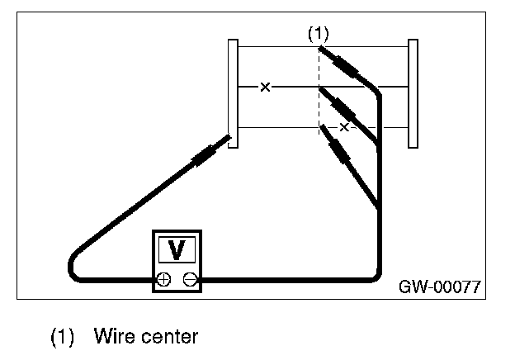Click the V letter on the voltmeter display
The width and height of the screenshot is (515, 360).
click(x=177, y=250)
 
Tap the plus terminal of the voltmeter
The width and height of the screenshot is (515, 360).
click(x=163, y=280)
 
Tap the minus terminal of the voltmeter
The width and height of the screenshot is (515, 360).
click(x=190, y=280)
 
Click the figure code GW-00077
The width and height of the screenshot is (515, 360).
click(x=440, y=287)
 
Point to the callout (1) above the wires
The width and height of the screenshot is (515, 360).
click(x=319, y=34)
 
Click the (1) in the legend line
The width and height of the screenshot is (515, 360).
click(x=62, y=336)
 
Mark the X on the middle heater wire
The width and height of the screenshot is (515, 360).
click(x=265, y=87)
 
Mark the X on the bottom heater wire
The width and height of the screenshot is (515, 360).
click(x=344, y=127)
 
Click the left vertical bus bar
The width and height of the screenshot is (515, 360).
click(x=233, y=93)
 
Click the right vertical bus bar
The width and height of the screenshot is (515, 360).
click(x=413, y=93)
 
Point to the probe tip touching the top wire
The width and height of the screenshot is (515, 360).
click(x=320, y=48)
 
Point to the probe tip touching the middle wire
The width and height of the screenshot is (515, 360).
click(x=320, y=89)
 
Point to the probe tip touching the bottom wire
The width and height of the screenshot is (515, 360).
click(x=322, y=126)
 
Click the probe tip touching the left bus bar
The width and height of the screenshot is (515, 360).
click(x=229, y=136)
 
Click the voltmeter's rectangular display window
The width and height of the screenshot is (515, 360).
click(x=177, y=249)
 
